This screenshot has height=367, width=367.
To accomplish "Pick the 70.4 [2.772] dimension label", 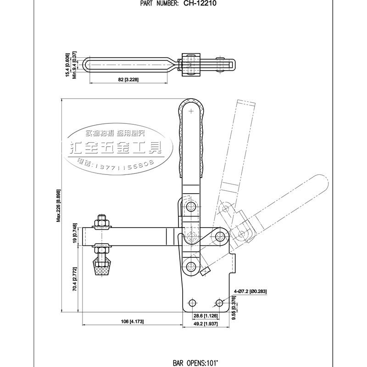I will click(74, 276).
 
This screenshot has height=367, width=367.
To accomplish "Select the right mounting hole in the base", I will click(219, 303).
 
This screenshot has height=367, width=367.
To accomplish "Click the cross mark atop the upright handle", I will click(191, 111).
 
